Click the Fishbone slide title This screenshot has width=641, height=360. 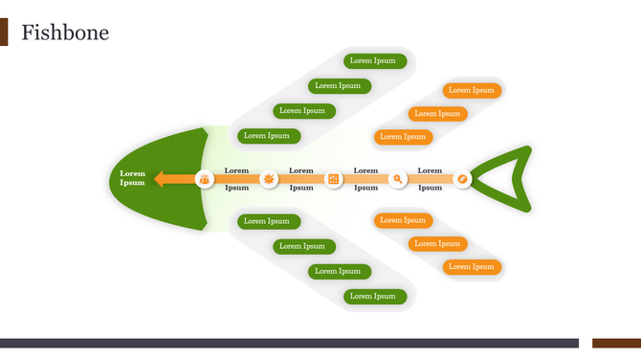pyautogui.click(x=65, y=34)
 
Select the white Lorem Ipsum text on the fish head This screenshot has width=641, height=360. pyautogui.click(x=132, y=178)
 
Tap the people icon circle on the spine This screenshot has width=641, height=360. pyautogui.click(x=205, y=179)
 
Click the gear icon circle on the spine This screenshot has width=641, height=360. pyautogui.click(x=269, y=179)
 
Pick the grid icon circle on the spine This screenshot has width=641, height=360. pyautogui.click(x=334, y=179)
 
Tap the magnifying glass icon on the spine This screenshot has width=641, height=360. pyautogui.click(x=398, y=179)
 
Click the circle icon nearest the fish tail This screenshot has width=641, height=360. pyautogui.click(x=462, y=179)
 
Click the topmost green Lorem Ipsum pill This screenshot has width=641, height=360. pyautogui.click(x=374, y=61)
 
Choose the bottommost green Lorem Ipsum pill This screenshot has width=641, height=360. pyautogui.click(x=374, y=296)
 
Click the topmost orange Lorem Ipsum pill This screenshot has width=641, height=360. pyautogui.click(x=472, y=91)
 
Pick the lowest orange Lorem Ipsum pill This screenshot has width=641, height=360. pyautogui.click(x=472, y=267)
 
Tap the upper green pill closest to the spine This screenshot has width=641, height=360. pyautogui.click(x=269, y=136)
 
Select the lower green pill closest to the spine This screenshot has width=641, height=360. pyautogui.click(x=269, y=221)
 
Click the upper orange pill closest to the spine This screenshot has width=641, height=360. pyautogui.click(x=403, y=137)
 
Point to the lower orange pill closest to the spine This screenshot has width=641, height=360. pyautogui.click(x=403, y=221)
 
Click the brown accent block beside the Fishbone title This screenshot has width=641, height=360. pyautogui.click(x=4, y=33)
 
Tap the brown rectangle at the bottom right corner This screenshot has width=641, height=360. pyautogui.click(x=616, y=343)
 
